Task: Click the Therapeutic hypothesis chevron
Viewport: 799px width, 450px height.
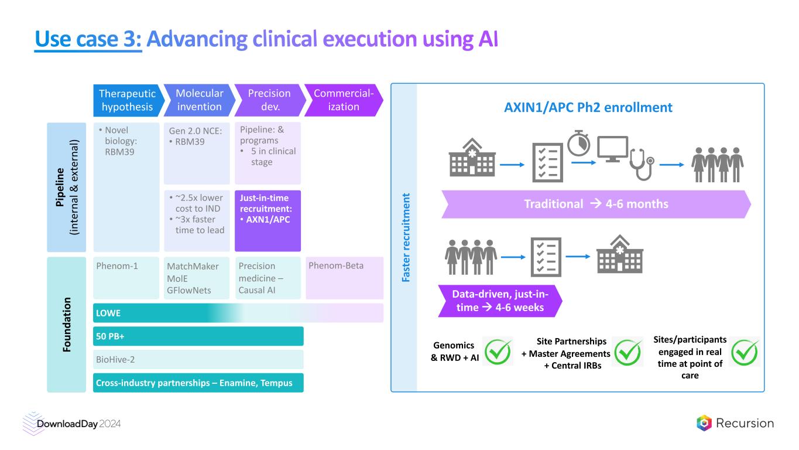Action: coord(126,100)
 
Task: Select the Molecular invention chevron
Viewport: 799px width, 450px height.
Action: coord(198,100)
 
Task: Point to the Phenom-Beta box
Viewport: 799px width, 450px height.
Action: coord(344,278)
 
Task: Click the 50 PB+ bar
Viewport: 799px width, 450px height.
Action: coord(198,336)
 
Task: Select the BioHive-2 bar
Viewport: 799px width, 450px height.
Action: coord(198,359)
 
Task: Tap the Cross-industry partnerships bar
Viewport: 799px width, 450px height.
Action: coord(198,383)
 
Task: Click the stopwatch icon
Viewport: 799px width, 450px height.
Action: coord(579,143)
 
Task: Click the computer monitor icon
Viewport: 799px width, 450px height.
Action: coord(612,148)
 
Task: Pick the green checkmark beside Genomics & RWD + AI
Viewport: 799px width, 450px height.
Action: coord(498,351)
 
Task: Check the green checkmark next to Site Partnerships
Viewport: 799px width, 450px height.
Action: coord(627,351)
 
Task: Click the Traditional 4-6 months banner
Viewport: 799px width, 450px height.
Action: coord(596,204)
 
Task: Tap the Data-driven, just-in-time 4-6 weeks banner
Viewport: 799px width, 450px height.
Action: coord(499,300)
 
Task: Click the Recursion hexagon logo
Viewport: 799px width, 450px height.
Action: coord(704,423)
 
